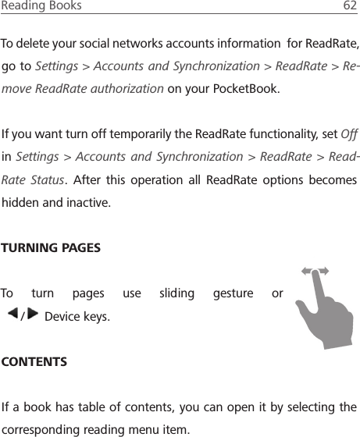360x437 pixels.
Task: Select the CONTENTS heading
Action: click(34, 362)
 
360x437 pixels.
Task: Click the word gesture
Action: click(233, 294)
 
